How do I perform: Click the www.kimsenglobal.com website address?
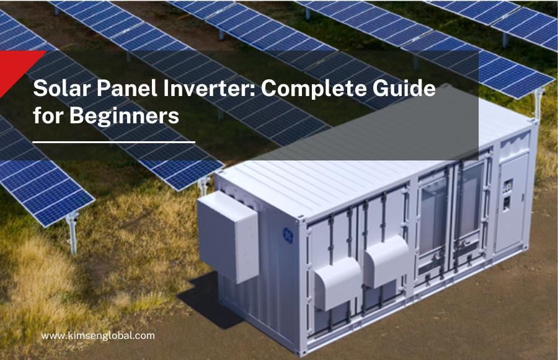(x=98, y=335)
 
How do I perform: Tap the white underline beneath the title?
(x=113, y=142)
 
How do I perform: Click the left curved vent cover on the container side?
(x=337, y=282)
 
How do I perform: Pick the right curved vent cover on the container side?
(x=386, y=260)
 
